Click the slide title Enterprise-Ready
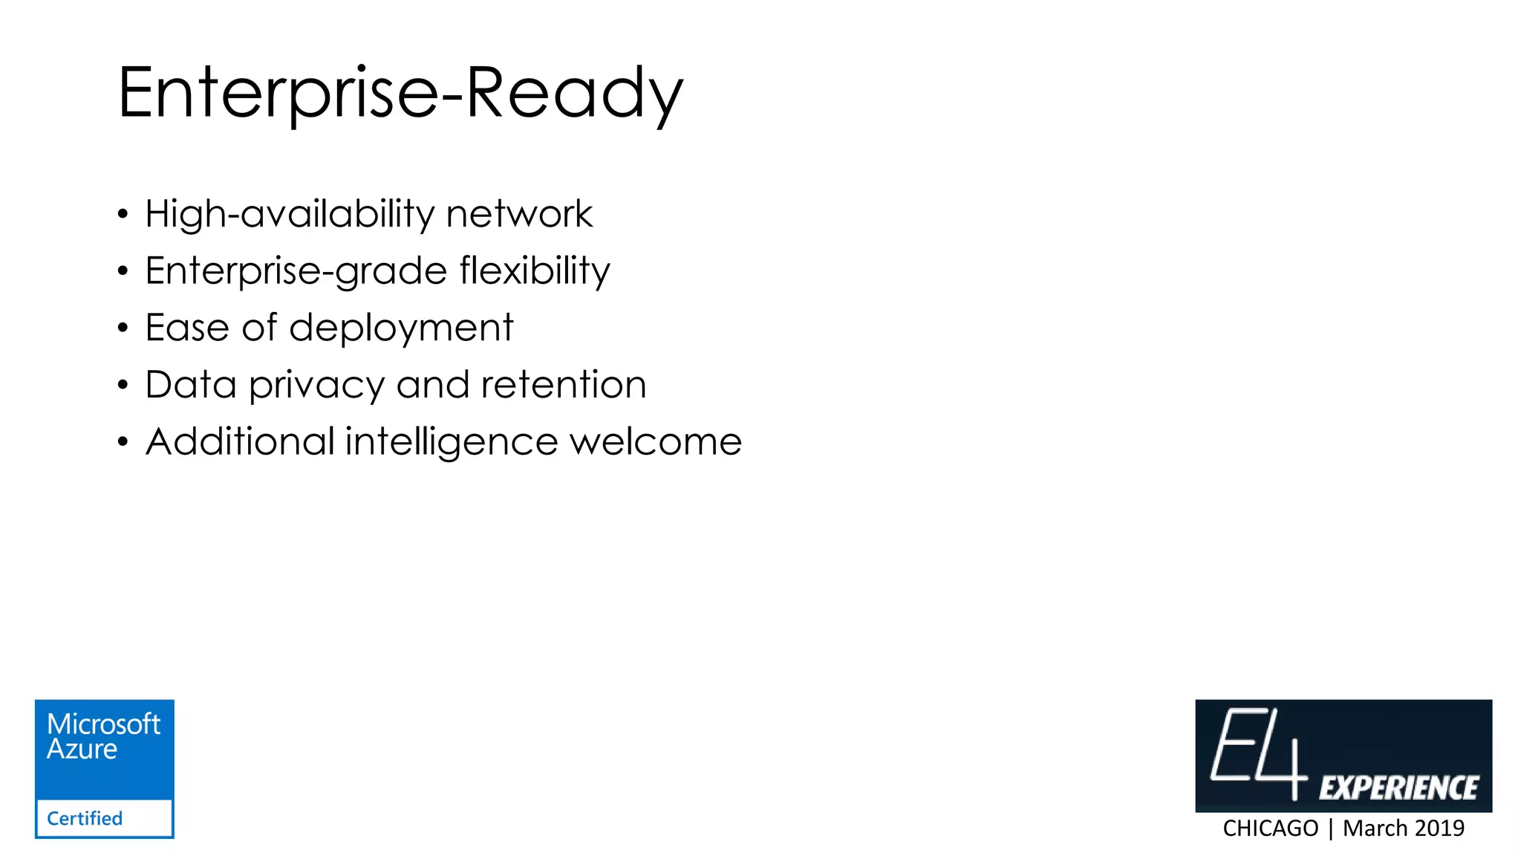(x=400, y=94)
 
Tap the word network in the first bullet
(x=519, y=215)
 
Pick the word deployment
(x=401, y=328)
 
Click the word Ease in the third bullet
(x=187, y=328)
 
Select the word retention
(x=564, y=385)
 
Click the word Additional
(x=240, y=441)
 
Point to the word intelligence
(x=452, y=443)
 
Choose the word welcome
(x=656, y=442)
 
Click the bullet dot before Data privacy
(x=123, y=385)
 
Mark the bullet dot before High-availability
(x=123, y=215)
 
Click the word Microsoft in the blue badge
(x=103, y=724)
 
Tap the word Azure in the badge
(x=82, y=749)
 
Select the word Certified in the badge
(x=85, y=818)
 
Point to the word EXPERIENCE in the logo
(x=1398, y=788)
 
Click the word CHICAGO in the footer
(x=1270, y=828)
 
